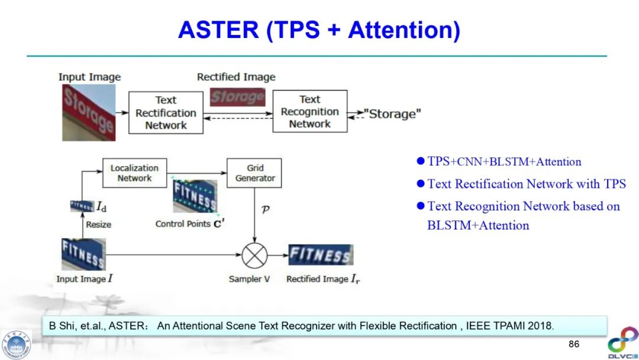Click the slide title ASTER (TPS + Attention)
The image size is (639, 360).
319,30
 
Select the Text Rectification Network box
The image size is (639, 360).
166,112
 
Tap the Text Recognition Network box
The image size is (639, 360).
309,111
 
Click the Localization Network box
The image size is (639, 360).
134,173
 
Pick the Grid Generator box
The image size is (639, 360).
255,173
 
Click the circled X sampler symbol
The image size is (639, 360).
254,256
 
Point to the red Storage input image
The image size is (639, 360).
89,112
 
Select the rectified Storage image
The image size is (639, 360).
238,97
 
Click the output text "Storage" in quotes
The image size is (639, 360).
392,114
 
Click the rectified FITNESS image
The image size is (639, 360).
320,255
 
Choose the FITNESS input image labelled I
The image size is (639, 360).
83,254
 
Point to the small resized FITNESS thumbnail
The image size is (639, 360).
82,206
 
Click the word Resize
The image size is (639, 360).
98,224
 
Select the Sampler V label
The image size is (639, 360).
249,279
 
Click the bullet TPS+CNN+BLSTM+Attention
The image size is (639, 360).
504,162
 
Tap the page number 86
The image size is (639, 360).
573,344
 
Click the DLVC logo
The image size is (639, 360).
622,342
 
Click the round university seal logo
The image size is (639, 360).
17,344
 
